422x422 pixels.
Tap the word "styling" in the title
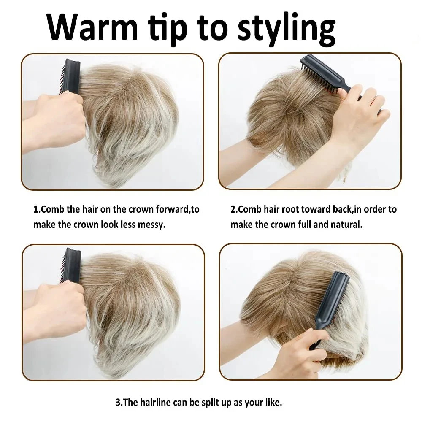click(287, 30)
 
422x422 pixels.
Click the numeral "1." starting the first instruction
click(37, 209)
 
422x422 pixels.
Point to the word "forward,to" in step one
click(178, 209)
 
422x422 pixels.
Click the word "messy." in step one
click(151, 225)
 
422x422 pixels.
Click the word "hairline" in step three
click(154, 402)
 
